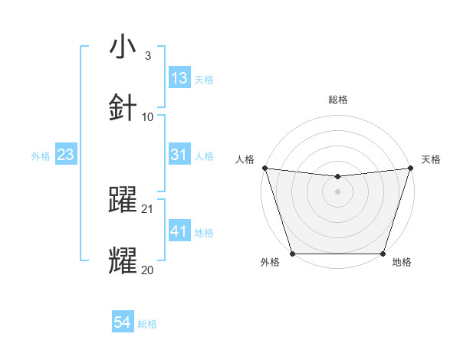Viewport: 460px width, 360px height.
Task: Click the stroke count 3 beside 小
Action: (147, 55)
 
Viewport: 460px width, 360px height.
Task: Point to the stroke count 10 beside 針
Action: (148, 116)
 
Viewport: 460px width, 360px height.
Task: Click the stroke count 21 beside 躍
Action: (148, 208)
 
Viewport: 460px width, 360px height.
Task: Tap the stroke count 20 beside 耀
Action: (148, 270)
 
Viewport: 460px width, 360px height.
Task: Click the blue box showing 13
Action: (179, 78)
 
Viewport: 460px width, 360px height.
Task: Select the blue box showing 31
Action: (179, 155)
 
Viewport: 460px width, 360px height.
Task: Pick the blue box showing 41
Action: (179, 231)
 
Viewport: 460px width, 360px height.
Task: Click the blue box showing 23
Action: (66, 155)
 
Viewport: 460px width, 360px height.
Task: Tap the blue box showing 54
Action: (123, 323)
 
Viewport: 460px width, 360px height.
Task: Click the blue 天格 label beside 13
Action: (204, 79)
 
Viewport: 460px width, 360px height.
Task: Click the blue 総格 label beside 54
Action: (147, 324)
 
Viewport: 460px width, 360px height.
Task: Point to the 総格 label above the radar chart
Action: (337, 100)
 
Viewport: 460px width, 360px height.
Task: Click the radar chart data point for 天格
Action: (410, 168)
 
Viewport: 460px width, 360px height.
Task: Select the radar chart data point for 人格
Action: (264, 168)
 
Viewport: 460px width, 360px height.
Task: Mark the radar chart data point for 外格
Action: (292, 254)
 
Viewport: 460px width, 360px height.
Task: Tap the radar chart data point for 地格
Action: (383, 254)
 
